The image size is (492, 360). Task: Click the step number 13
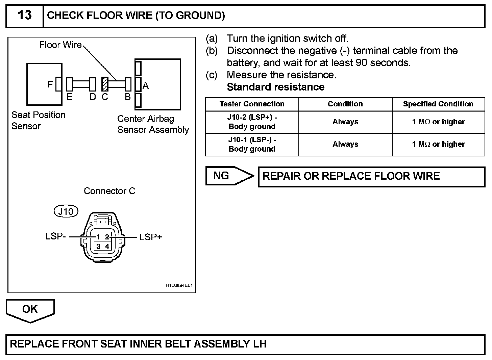coord(24,16)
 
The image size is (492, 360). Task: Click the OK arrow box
coord(30,309)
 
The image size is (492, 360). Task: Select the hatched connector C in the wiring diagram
coord(105,84)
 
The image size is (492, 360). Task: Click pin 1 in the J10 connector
coord(98,237)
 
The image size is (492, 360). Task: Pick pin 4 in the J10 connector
coord(107,246)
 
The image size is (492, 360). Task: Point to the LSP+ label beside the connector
coord(151,237)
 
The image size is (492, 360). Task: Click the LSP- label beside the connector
coord(55,236)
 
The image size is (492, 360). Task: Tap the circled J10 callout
coord(66,211)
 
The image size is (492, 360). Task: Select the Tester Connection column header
coord(252,104)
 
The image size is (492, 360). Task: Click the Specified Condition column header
coord(438,104)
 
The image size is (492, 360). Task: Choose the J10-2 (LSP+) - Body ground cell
coord(252,122)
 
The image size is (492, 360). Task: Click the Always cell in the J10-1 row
coord(345,144)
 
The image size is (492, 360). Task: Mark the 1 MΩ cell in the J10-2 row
coord(438,122)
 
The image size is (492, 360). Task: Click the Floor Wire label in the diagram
coord(60,45)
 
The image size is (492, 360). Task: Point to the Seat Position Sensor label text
coord(38,120)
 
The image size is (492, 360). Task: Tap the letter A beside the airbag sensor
coord(146,86)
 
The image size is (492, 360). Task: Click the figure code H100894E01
coord(179,286)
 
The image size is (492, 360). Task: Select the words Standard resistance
coord(275,87)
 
